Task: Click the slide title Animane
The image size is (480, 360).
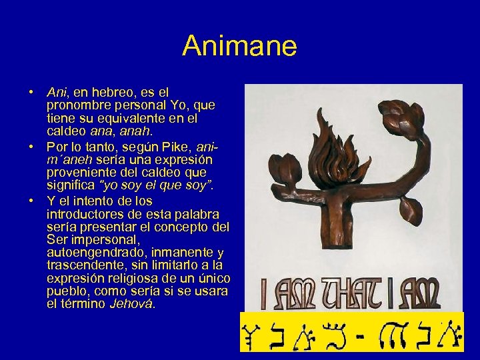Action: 239,46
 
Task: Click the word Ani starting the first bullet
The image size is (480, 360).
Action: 55,91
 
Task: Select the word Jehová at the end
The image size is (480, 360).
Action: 133,305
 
